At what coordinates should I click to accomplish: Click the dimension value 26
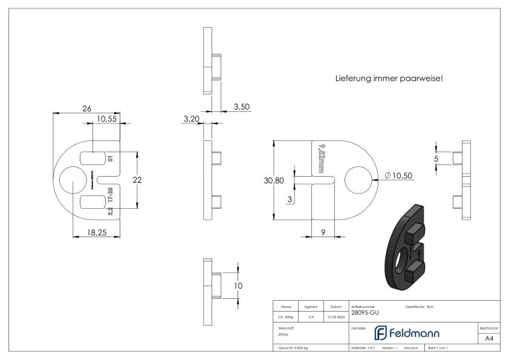point(86,108)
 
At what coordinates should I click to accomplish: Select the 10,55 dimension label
point(106,119)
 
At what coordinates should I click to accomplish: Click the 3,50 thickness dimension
point(241,106)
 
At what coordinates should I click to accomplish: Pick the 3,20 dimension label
point(191,119)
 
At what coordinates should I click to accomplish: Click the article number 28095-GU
point(365,313)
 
